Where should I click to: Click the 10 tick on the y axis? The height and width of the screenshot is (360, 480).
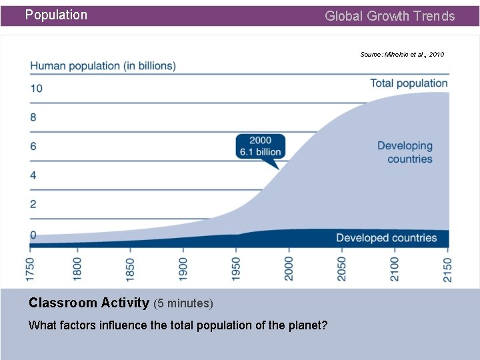(x=36, y=88)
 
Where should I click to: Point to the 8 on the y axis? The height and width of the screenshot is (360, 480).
(x=33, y=117)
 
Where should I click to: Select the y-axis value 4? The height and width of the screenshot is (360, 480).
(x=33, y=175)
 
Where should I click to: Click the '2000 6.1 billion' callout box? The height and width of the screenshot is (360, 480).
(x=260, y=146)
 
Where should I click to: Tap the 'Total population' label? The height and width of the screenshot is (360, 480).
(x=409, y=83)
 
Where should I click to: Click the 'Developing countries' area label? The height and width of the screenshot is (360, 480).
(x=405, y=152)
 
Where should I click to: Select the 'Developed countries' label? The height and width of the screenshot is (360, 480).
(x=386, y=238)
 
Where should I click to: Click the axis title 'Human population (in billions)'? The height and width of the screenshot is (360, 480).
(x=103, y=65)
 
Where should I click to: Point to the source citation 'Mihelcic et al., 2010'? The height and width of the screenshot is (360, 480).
(x=402, y=54)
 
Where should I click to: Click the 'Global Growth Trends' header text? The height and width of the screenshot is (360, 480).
(x=389, y=16)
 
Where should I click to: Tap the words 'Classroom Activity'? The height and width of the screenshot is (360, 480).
(x=89, y=303)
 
